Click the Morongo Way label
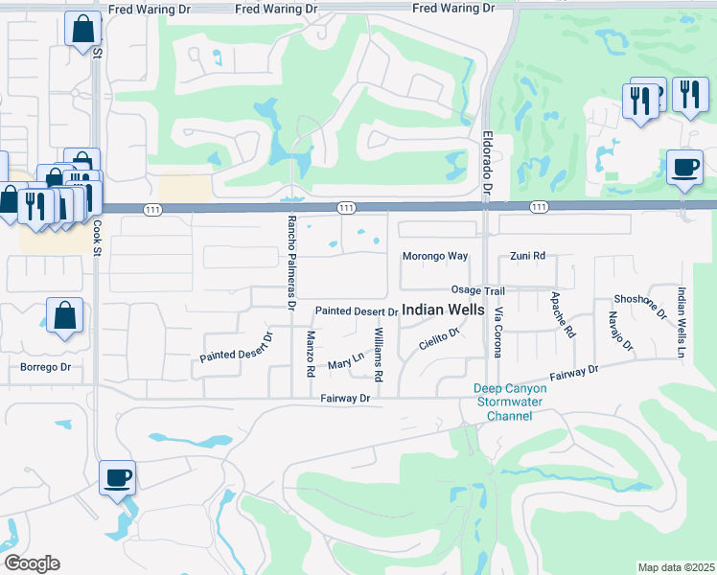click(x=434, y=257)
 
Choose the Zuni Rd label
click(x=527, y=257)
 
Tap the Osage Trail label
click(x=477, y=290)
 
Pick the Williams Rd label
click(x=380, y=355)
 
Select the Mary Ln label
click(x=346, y=360)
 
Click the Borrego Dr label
click(x=46, y=367)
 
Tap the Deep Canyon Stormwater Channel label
click(x=510, y=402)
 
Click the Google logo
click(x=32, y=563)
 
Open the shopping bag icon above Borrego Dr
click(x=64, y=316)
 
